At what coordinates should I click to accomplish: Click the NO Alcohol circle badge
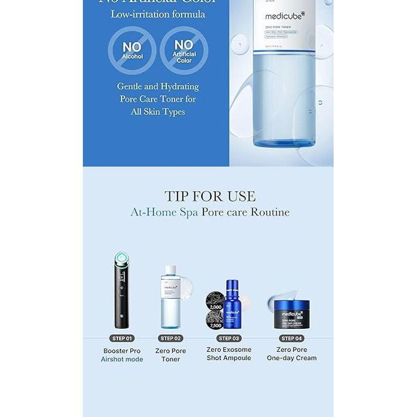click(x=132, y=51)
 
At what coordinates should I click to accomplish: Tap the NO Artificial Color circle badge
click(x=183, y=51)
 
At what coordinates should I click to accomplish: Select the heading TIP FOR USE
click(x=210, y=196)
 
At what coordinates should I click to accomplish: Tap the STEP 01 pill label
click(x=122, y=338)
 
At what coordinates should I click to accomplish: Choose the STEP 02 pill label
click(x=170, y=338)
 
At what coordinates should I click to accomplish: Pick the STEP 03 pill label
click(x=229, y=338)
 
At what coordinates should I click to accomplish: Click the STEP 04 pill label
click(x=291, y=338)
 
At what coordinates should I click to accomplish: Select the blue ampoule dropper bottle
click(x=233, y=304)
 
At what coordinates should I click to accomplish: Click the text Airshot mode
click(x=122, y=359)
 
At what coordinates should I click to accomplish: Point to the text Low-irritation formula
click(x=157, y=14)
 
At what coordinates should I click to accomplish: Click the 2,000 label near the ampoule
click(x=215, y=308)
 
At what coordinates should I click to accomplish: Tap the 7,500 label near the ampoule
click(x=215, y=325)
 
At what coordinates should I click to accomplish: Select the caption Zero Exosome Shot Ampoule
click(x=229, y=354)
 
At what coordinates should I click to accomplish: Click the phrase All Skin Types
click(x=157, y=112)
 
